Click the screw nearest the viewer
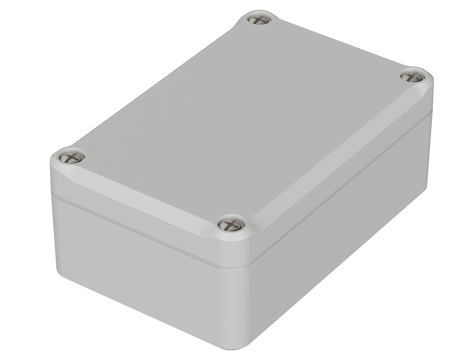click(231, 224)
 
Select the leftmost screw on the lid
click(73, 157)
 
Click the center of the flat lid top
click(241, 116)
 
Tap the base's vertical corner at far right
click(427, 155)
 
